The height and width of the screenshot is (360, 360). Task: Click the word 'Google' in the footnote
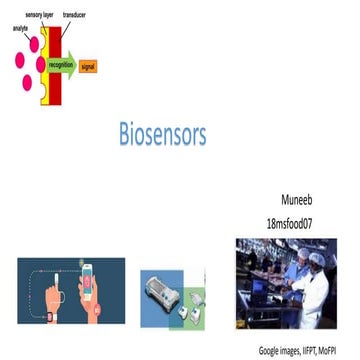[273, 351]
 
